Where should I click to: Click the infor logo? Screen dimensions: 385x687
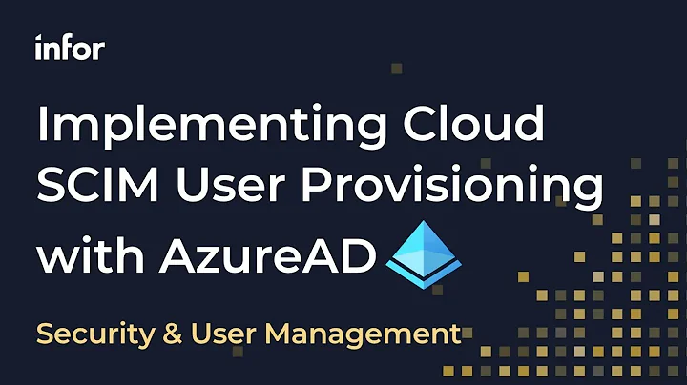(x=69, y=49)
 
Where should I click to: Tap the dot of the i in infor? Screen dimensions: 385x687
(x=38, y=39)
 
